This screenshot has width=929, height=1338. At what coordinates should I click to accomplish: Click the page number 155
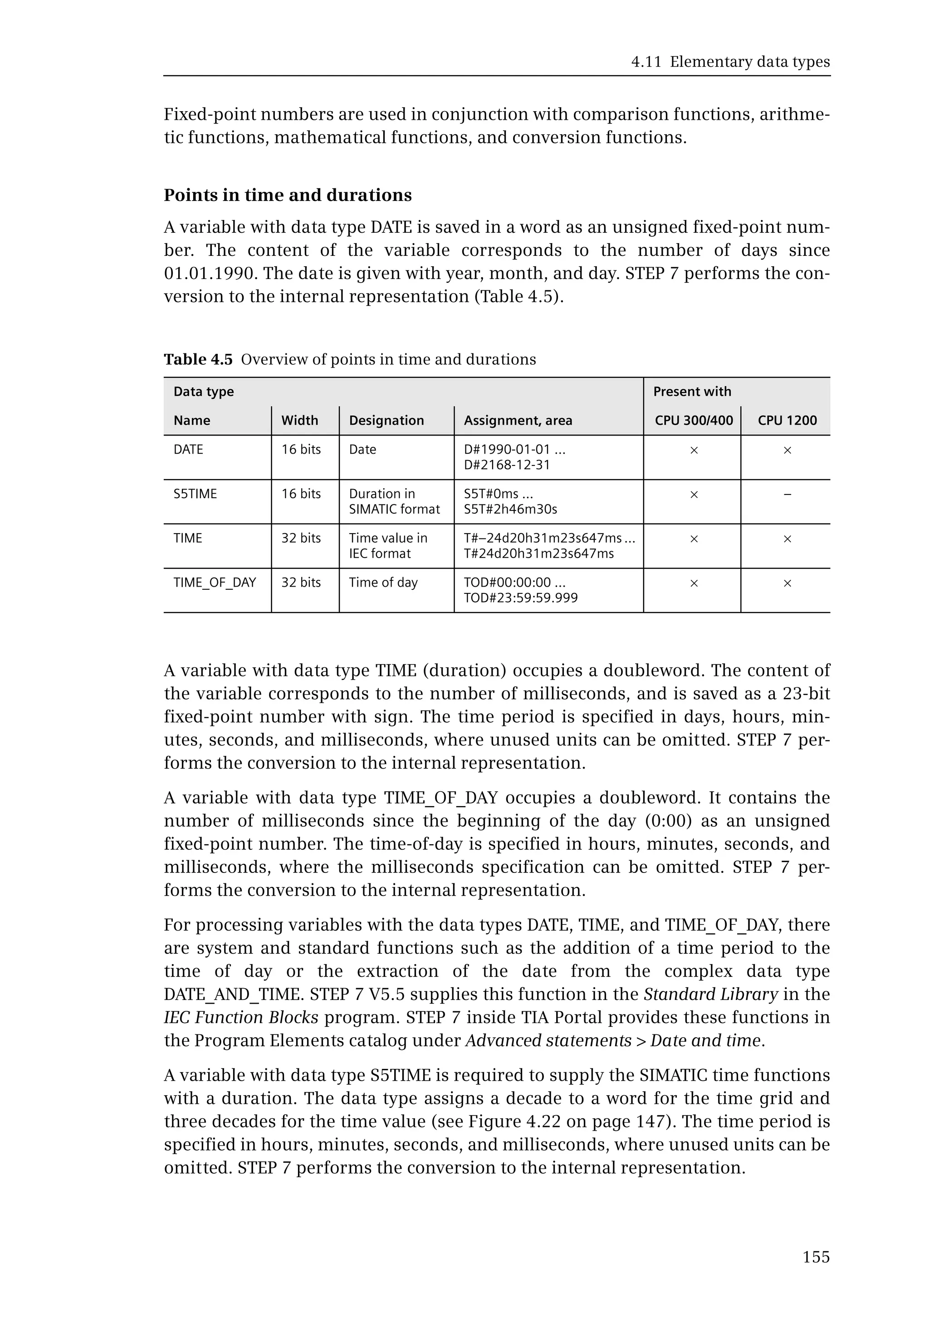[x=816, y=1257]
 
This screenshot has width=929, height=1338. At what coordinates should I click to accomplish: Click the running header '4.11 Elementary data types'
[x=730, y=62]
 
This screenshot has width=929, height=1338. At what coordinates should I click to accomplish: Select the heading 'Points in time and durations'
[x=288, y=195]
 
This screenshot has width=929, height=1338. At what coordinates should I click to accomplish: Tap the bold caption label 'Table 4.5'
[x=198, y=359]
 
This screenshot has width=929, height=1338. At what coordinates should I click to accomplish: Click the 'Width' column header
[x=299, y=421]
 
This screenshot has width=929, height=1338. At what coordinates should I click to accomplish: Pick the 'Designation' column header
[x=386, y=421]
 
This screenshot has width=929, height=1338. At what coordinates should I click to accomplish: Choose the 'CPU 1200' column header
[x=787, y=421]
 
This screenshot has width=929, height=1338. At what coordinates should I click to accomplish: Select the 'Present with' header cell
[x=692, y=391]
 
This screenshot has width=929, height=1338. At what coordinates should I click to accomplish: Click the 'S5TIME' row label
[x=195, y=494]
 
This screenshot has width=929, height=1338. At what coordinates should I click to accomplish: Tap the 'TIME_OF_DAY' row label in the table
[x=215, y=582]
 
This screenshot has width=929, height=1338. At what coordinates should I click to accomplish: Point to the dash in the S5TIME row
[x=787, y=495]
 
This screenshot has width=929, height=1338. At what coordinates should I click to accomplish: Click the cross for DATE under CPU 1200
[x=787, y=450]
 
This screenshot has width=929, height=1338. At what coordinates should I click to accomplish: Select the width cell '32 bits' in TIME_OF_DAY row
[x=301, y=582]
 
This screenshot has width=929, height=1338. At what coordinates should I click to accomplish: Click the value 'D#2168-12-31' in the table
[x=506, y=465]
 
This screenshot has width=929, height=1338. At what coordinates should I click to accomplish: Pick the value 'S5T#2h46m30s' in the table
[x=510, y=509]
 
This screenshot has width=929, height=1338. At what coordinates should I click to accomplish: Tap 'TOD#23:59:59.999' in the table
[x=520, y=598]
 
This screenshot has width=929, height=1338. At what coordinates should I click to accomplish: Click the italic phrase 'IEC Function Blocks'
[x=241, y=1017]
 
